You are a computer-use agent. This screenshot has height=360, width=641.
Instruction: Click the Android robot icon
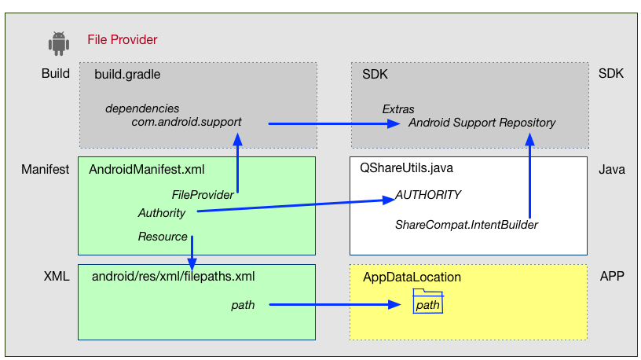(x=58, y=43)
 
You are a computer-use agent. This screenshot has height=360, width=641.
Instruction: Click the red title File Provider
(x=122, y=39)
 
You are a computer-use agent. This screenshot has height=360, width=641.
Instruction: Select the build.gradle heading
(x=127, y=74)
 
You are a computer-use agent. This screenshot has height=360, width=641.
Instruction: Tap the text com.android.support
(x=186, y=123)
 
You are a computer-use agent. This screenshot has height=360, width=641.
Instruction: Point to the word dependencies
(x=142, y=108)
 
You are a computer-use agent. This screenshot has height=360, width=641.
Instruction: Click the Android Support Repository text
(x=482, y=123)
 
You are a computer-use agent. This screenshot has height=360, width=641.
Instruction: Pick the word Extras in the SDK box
(x=398, y=108)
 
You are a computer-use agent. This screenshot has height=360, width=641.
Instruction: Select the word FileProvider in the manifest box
(x=203, y=194)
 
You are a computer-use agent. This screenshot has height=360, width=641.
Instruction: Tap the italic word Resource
(x=163, y=237)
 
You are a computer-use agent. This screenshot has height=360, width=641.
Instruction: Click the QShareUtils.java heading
(x=406, y=168)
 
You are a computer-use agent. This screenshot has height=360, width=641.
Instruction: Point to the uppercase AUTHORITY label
(x=427, y=195)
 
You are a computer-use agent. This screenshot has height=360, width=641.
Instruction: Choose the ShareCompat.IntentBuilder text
(x=466, y=225)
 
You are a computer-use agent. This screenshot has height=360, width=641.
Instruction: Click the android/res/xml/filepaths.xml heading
(x=173, y=277)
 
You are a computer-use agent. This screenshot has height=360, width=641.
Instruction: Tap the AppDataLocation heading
(x=412, y=277)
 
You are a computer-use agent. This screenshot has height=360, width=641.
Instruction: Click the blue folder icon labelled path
(x=428, y=303)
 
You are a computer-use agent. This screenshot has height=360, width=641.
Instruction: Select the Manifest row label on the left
(x=45, y=169)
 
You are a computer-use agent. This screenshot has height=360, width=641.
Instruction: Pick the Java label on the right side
(x=611, y=169)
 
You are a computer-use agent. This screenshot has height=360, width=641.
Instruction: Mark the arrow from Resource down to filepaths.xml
(x=192, y=253)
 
